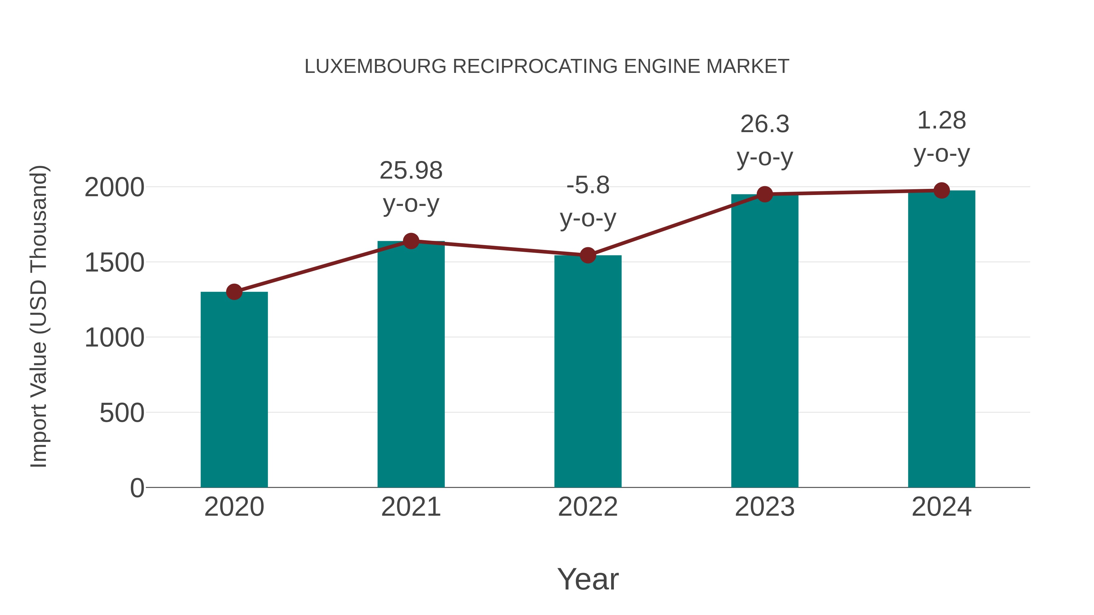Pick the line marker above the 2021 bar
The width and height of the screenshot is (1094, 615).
click(411, 241)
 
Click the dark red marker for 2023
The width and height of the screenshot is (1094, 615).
click(765, 194)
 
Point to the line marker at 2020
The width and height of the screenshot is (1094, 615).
click(234, 292)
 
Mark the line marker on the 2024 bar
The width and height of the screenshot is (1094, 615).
click(941, 190)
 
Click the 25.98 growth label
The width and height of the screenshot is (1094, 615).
click(411, 171)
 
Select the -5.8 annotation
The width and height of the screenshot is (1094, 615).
click(588, 186)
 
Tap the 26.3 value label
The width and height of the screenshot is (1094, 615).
click(765, 124)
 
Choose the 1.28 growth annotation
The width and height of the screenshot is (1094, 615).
click(941, 121)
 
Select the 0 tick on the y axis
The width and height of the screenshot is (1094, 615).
click(137, 488)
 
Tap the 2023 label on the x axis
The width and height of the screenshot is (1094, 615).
click(765, 507)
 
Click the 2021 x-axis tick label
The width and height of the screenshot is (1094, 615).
click(411, 507)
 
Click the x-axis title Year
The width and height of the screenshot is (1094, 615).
click(588, 579)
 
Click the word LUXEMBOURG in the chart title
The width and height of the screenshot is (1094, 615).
click(375, 67)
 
